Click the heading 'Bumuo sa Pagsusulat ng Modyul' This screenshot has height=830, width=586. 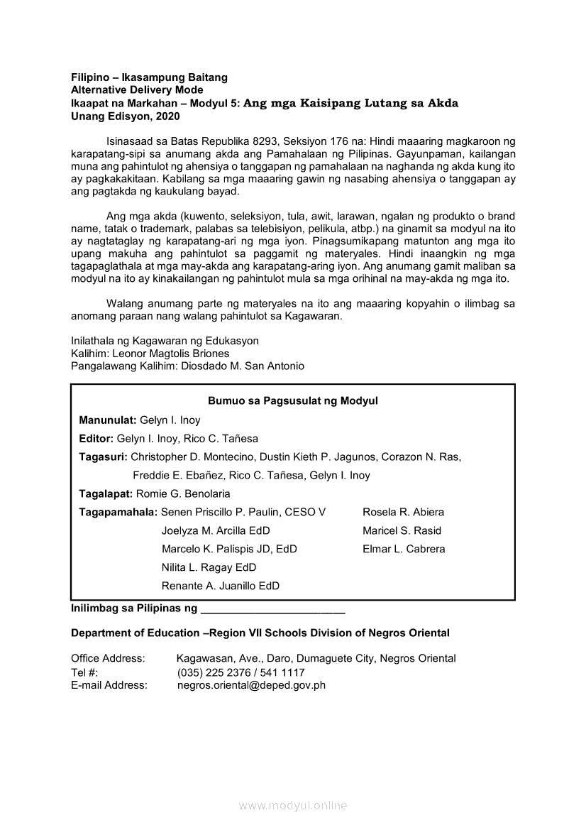[x=292, y=401]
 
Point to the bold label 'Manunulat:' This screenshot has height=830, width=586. [x=108, y=420]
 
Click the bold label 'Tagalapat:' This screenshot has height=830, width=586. [x=106, y=494]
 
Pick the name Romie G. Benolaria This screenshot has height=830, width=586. [x=183, y=494]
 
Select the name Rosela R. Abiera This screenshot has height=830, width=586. [x=403, y=513]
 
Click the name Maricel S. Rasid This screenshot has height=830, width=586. [x=402, y=531]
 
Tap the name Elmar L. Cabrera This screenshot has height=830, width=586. [x=404, y=550]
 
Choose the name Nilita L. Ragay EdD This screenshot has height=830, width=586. [x=209, y=568]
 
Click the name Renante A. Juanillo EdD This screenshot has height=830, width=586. [x=221, y=586]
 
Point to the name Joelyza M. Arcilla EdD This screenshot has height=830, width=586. [x=216, y=531]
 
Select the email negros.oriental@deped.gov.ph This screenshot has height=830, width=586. [x=251, y=686]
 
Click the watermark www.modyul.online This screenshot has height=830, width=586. [x=293, y=806]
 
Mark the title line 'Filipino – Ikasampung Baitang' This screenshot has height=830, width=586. [x=149, y=77]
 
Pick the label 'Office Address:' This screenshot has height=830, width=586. [x=108, y=659]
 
